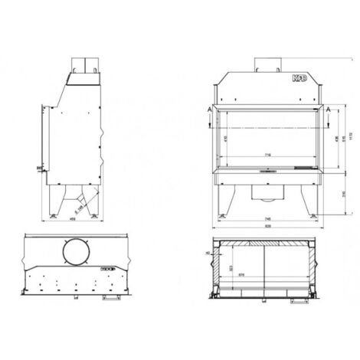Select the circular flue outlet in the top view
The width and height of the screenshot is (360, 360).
coord(74,253)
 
